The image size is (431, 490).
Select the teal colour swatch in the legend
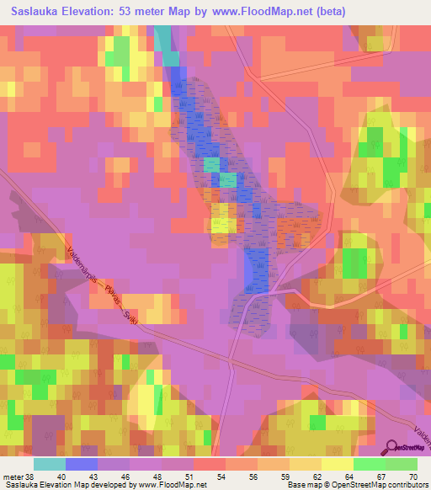[50, 464]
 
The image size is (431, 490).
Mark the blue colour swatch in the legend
[82, 464]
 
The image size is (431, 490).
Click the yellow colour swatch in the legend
[338, 464]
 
